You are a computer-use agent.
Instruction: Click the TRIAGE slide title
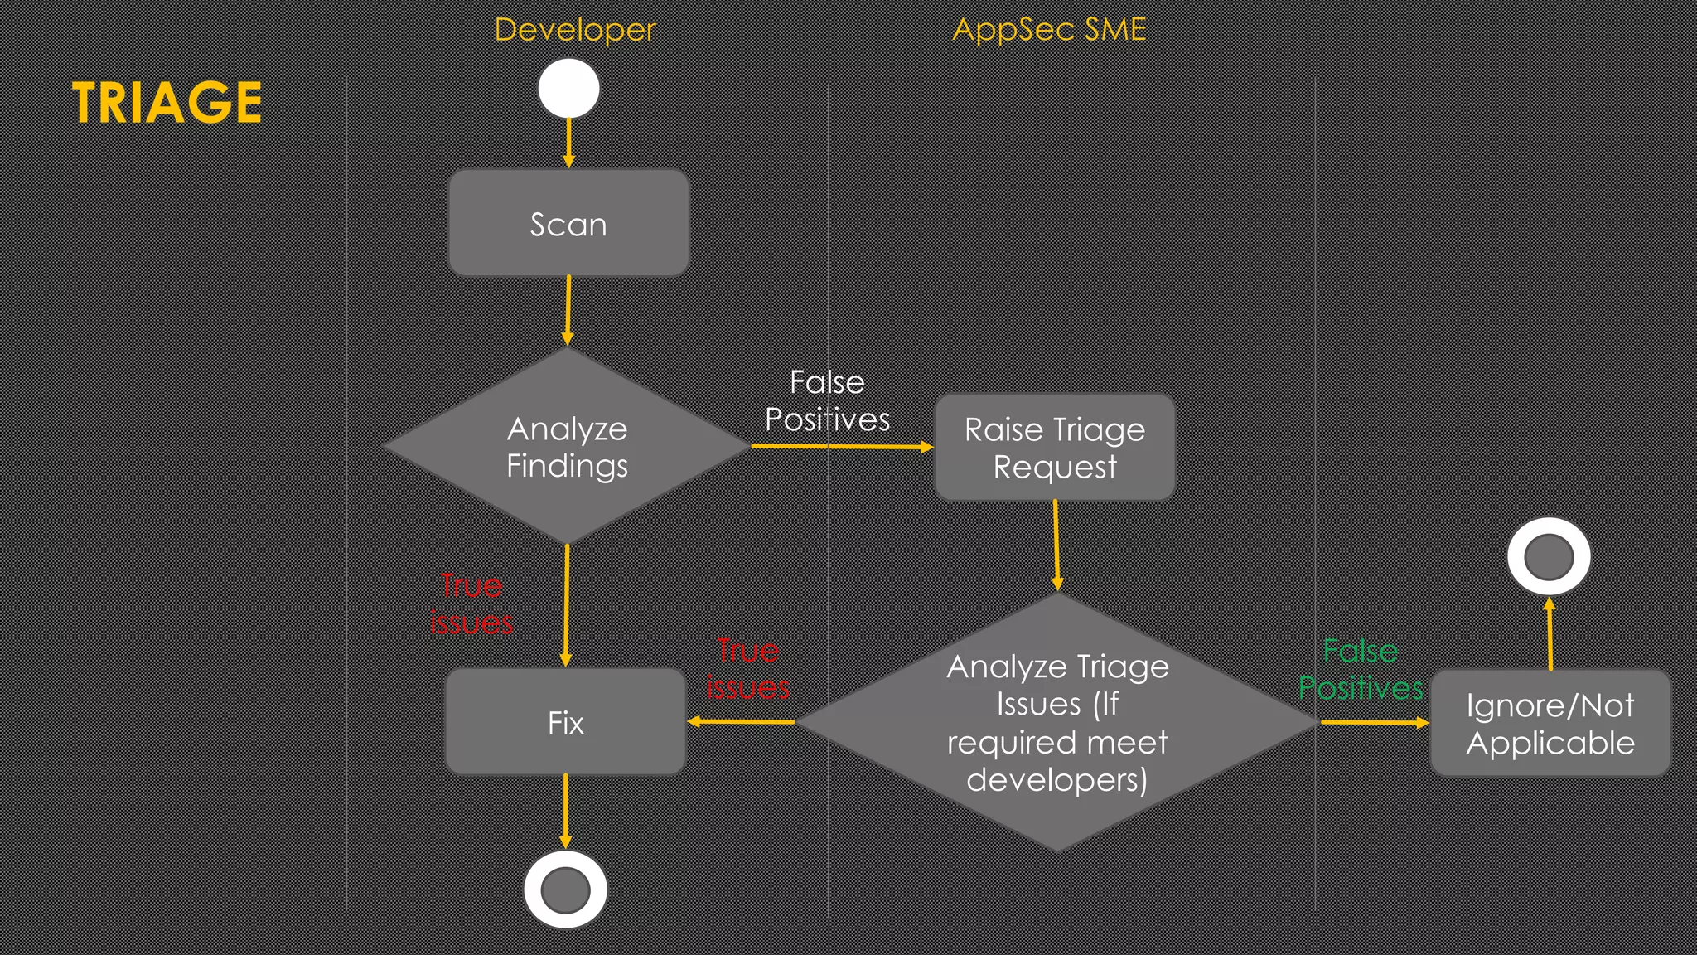pyautogui.click(x=167, y=102)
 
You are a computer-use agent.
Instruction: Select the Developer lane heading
pyautogui.click(x=574, y=30)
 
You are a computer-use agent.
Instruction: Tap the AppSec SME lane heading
pyautogui.click(x=1049, y=30)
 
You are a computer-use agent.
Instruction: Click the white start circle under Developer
pyautogui.click(x=568, y=88)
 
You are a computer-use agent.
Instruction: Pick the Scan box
pyautogui.click(x=568, y=224)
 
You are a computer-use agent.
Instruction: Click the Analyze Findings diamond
pyautogui.click(x=567, y=446)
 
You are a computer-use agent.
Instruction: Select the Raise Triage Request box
pyautogui.click(x=1054, y=448)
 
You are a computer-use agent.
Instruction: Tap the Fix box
pyautogui.click(x=566, y=722)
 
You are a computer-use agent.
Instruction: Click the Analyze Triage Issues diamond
pyautogui.click(x=1056, y=722)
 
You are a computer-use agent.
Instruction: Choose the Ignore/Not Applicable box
pyautogui.click(x=1550, y=723)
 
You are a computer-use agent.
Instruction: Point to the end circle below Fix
pyautogui.click(x=565, y=890)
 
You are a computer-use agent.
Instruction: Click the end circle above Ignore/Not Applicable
pyautogui.click(x=1549, y=556)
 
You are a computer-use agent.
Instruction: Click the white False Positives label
pyautogui.click(x=827, y=401)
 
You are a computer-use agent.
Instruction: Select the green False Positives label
pyautogui.click(x=1361, y=669)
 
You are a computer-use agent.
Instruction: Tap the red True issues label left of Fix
pyautogui.click(x=471, y=604)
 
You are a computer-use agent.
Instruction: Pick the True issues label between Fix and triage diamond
pyautogui.click(x=747, y=668)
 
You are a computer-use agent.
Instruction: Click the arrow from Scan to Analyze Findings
pyautogui.click(x=568, y=310)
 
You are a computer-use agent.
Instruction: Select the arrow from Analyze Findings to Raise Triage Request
pyautogui.click(x=841, y=447)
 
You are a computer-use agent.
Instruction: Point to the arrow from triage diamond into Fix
pyautogui.click(x=742, y=721)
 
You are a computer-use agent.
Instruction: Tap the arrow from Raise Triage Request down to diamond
pyautogui.click(x=1056, y=545)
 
